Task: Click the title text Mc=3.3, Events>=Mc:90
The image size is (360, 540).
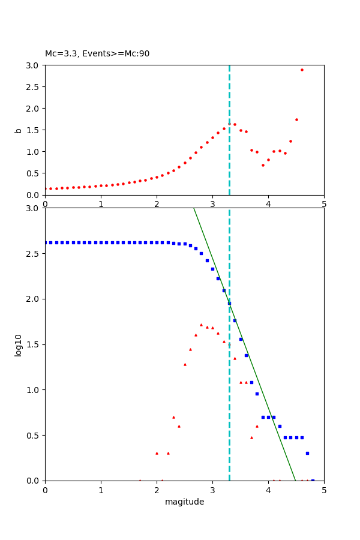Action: click(x=97, y=54)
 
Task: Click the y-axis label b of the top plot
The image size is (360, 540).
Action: click(x=19, y=130)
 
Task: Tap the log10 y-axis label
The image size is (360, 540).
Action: click(x=19, y=345)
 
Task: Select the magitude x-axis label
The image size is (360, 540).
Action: click(x=184, y=502)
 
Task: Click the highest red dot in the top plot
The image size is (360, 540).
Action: click(x=302, y=70)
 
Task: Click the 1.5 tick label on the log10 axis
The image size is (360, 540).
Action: click(x=34, y=344)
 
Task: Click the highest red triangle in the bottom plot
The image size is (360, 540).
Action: click(x=201, y=325)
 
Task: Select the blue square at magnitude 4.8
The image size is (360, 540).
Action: click(x=313, y=480)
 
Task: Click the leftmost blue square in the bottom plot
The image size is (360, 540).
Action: click(x=46, y=242)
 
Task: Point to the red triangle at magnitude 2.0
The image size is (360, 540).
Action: click(x=157, y=453)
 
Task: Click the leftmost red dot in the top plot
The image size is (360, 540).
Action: click(x=46, y=188)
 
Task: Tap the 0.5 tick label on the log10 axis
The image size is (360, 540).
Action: click(x=34, y=436)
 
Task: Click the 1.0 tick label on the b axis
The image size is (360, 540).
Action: click(x=34, y=152)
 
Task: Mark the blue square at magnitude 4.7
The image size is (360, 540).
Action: click(x=307, y=453)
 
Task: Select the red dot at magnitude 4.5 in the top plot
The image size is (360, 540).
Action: click(x=296, y=119)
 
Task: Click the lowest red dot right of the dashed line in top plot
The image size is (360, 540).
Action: click(x=263, y=165)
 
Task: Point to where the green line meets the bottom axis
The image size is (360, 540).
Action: click(x=295, y=480)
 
